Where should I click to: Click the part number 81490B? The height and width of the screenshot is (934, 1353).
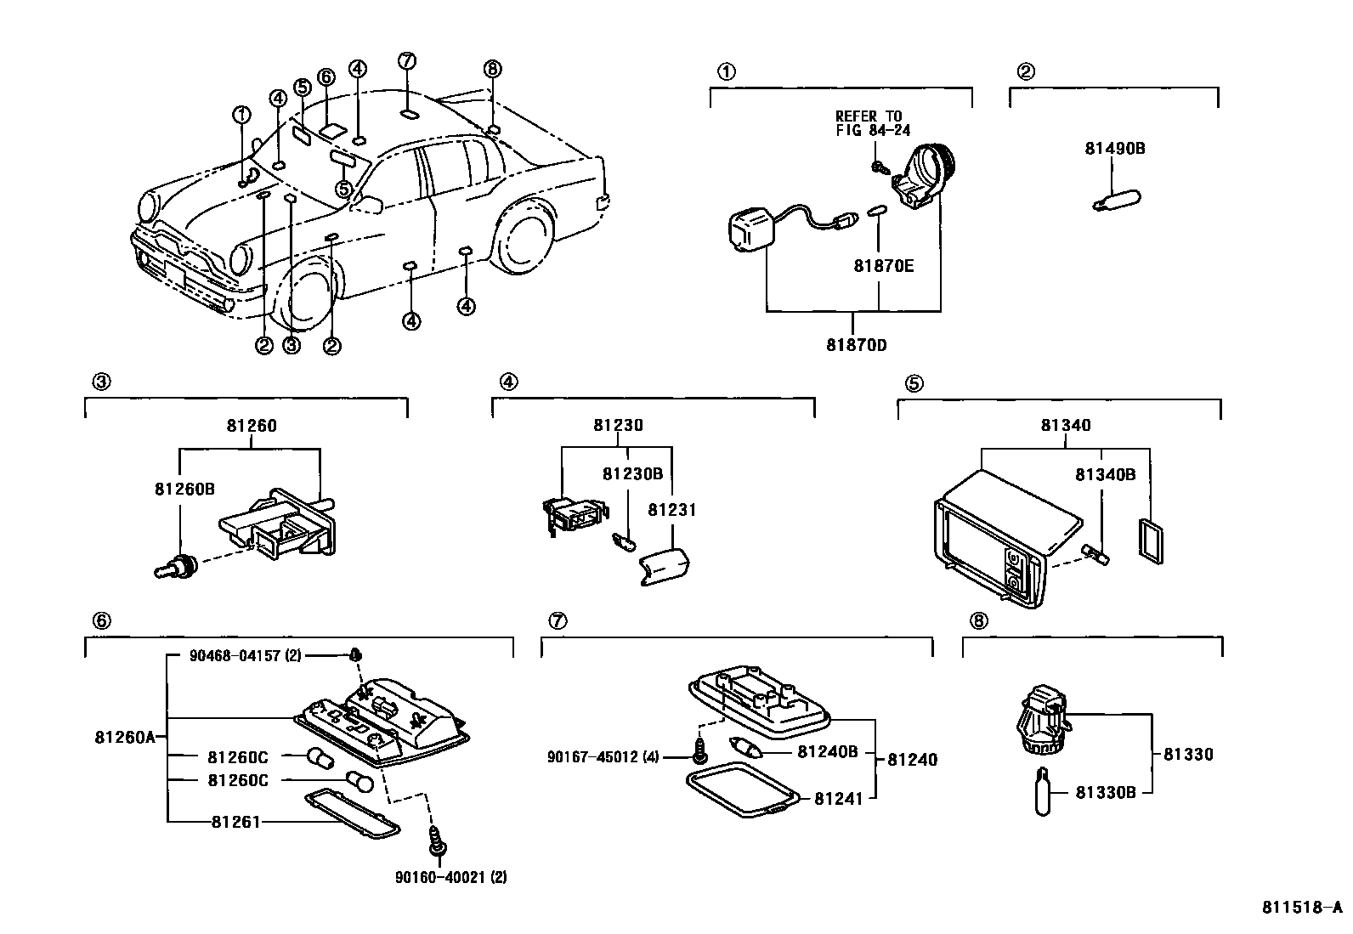click(1114, 149)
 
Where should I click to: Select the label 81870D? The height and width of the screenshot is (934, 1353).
click(857, 345)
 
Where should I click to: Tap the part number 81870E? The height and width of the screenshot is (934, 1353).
click(883, 266)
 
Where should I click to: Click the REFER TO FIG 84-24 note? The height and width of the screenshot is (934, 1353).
click(873, 122)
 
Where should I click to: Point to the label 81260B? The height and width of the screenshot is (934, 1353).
click(184, 489)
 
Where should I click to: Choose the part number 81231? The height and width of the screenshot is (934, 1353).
click(671, 510)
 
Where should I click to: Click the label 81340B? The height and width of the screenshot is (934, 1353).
click(1105, 475)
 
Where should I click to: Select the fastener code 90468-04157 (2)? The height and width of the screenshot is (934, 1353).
click(245, 655)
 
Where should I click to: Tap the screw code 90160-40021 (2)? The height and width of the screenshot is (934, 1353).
click(450, 876)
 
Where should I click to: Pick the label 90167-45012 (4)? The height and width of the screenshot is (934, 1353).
click(603, 757)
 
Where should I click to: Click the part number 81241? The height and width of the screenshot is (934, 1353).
click(838, 799)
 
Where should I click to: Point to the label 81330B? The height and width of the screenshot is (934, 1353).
click(1106, 792)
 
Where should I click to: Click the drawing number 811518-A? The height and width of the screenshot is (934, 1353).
click(1302, 908)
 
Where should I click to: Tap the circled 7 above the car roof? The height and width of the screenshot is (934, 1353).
click(407, 61)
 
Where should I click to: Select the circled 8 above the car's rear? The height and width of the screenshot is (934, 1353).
click(492, 69)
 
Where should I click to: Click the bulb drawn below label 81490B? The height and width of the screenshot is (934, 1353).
click(1117, 200)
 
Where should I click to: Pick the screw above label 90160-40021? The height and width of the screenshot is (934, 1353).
click(435, 840)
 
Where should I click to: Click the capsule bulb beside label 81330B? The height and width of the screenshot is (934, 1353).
click(1043, 791)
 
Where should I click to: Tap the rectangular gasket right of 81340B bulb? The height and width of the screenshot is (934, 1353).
click(1151, 541)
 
